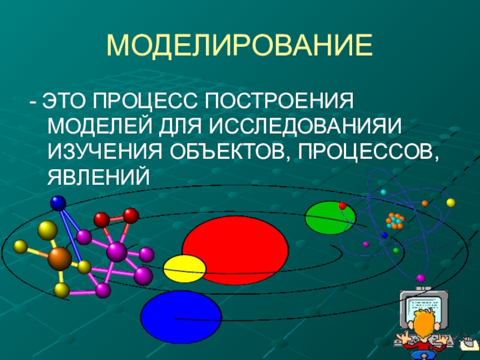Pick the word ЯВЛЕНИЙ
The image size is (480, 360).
click(x=99, y=176)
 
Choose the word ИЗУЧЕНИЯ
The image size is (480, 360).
click(x=105, y=151)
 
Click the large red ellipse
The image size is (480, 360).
click(x=235, y=250)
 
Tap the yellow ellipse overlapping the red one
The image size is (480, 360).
click(x=185, y=269)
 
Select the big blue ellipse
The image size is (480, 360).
click(x=181, y=317)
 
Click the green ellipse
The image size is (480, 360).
click(x=331, y=218)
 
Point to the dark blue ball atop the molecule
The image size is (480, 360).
click(x=58, y=203)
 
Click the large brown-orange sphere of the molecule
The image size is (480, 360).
click(x=59, y=259)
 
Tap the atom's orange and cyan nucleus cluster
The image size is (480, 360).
click(x=395, y=221)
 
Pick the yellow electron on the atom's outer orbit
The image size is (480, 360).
click(x=451, y=203)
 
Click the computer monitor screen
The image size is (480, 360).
click(x=424, y=310)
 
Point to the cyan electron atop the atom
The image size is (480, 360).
click(x=383, y=192)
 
